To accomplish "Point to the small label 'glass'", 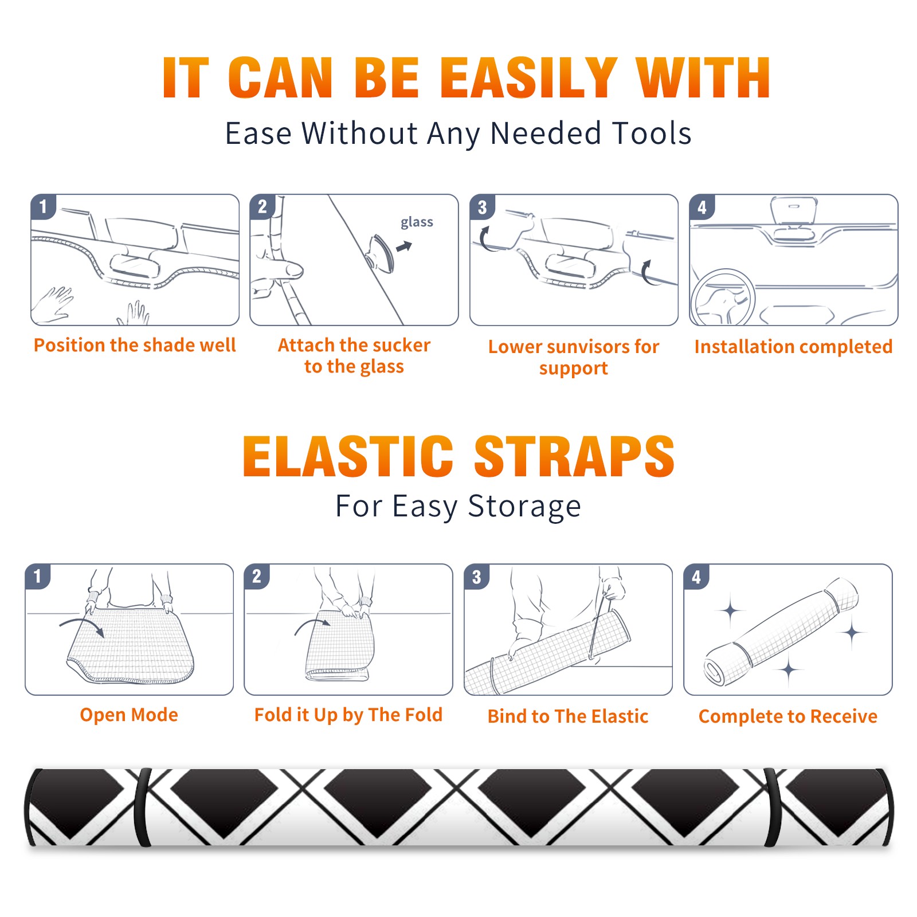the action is [417, 222].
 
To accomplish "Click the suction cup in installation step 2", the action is [381, 253].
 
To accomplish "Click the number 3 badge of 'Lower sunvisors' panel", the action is [482, 207].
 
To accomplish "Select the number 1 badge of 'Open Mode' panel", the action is [38, 576].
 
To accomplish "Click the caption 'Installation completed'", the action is [793, 347].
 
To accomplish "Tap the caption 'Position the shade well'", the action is [135, 345].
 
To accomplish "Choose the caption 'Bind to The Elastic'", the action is [567, 716].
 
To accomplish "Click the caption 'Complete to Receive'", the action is [788, 716].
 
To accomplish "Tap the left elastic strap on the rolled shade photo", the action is [143, 807].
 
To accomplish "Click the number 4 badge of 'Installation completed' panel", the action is [702, 207].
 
